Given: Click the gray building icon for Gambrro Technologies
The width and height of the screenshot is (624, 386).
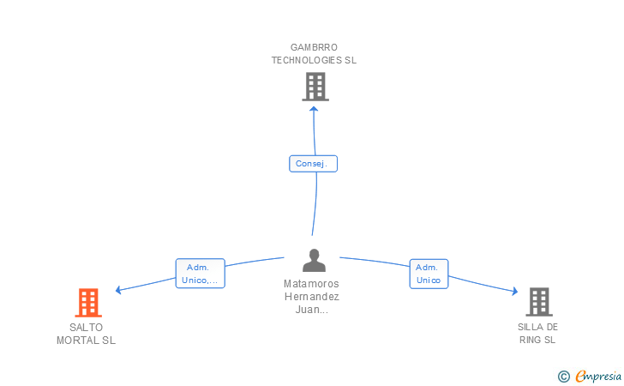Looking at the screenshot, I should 315,86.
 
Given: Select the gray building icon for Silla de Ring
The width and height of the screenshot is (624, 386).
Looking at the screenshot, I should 538,302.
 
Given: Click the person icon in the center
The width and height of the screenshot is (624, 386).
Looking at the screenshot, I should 315,261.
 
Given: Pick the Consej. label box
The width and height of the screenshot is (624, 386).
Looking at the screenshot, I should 313,163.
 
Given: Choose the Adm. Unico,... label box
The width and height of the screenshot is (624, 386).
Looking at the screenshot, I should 200,274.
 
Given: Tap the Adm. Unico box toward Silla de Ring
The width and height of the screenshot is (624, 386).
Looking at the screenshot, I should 429,274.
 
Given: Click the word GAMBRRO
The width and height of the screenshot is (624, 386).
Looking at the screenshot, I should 315,47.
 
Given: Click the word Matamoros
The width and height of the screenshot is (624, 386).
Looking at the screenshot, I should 311,284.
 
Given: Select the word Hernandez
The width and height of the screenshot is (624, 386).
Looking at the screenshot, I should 311,297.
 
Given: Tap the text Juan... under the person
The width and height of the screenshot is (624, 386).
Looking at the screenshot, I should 311,310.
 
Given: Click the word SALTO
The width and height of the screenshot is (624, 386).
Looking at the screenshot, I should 86,327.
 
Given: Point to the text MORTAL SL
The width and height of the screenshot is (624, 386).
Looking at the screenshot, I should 86,340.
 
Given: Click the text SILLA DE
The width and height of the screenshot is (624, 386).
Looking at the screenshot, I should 537,327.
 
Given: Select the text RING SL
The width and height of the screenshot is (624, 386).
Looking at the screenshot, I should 537,340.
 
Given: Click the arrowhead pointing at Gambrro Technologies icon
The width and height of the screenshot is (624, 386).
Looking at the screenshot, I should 314,108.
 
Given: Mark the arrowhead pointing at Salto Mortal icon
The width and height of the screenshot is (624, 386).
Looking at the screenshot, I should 119,290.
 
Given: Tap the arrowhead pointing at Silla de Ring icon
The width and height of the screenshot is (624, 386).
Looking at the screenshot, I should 514,292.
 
